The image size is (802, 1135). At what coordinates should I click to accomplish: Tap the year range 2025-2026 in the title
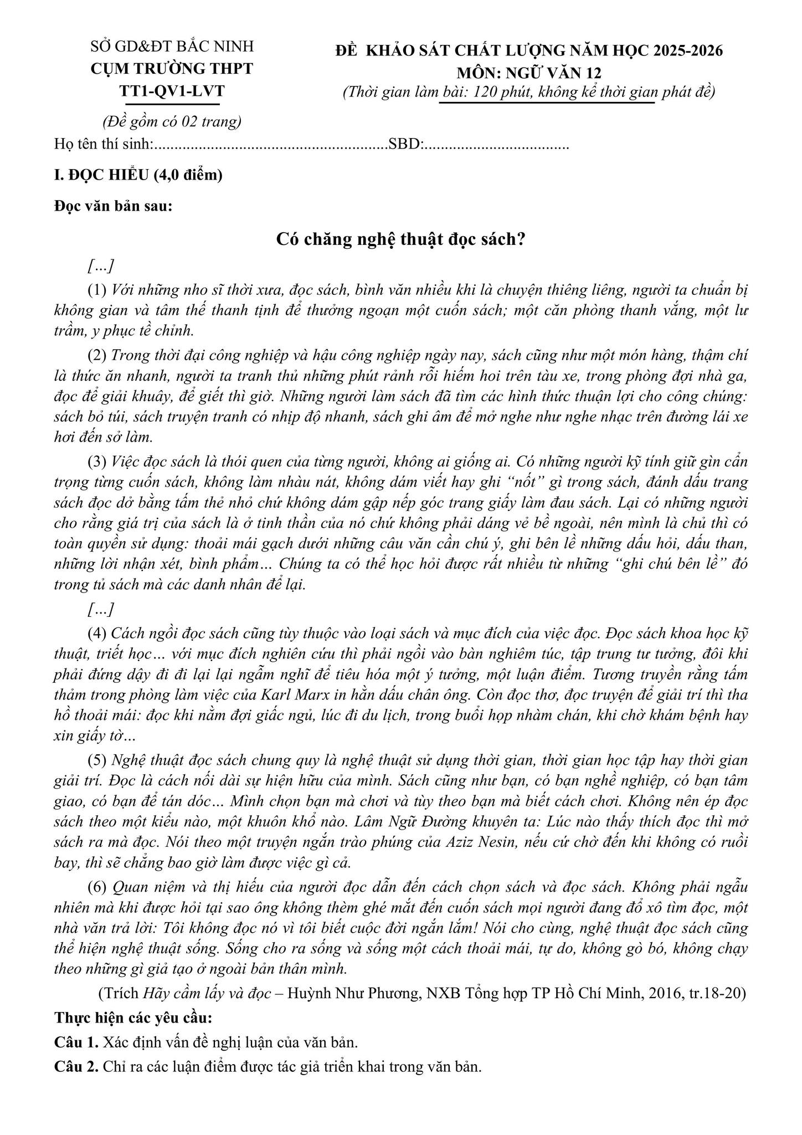(x=688, y=50)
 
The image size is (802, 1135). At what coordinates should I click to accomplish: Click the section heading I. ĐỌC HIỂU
(x=138, y=175)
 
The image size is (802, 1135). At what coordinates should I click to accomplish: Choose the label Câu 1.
(x=76, y=1042)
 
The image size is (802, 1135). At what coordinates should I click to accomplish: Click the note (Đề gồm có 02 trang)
(x=172, y=121)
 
